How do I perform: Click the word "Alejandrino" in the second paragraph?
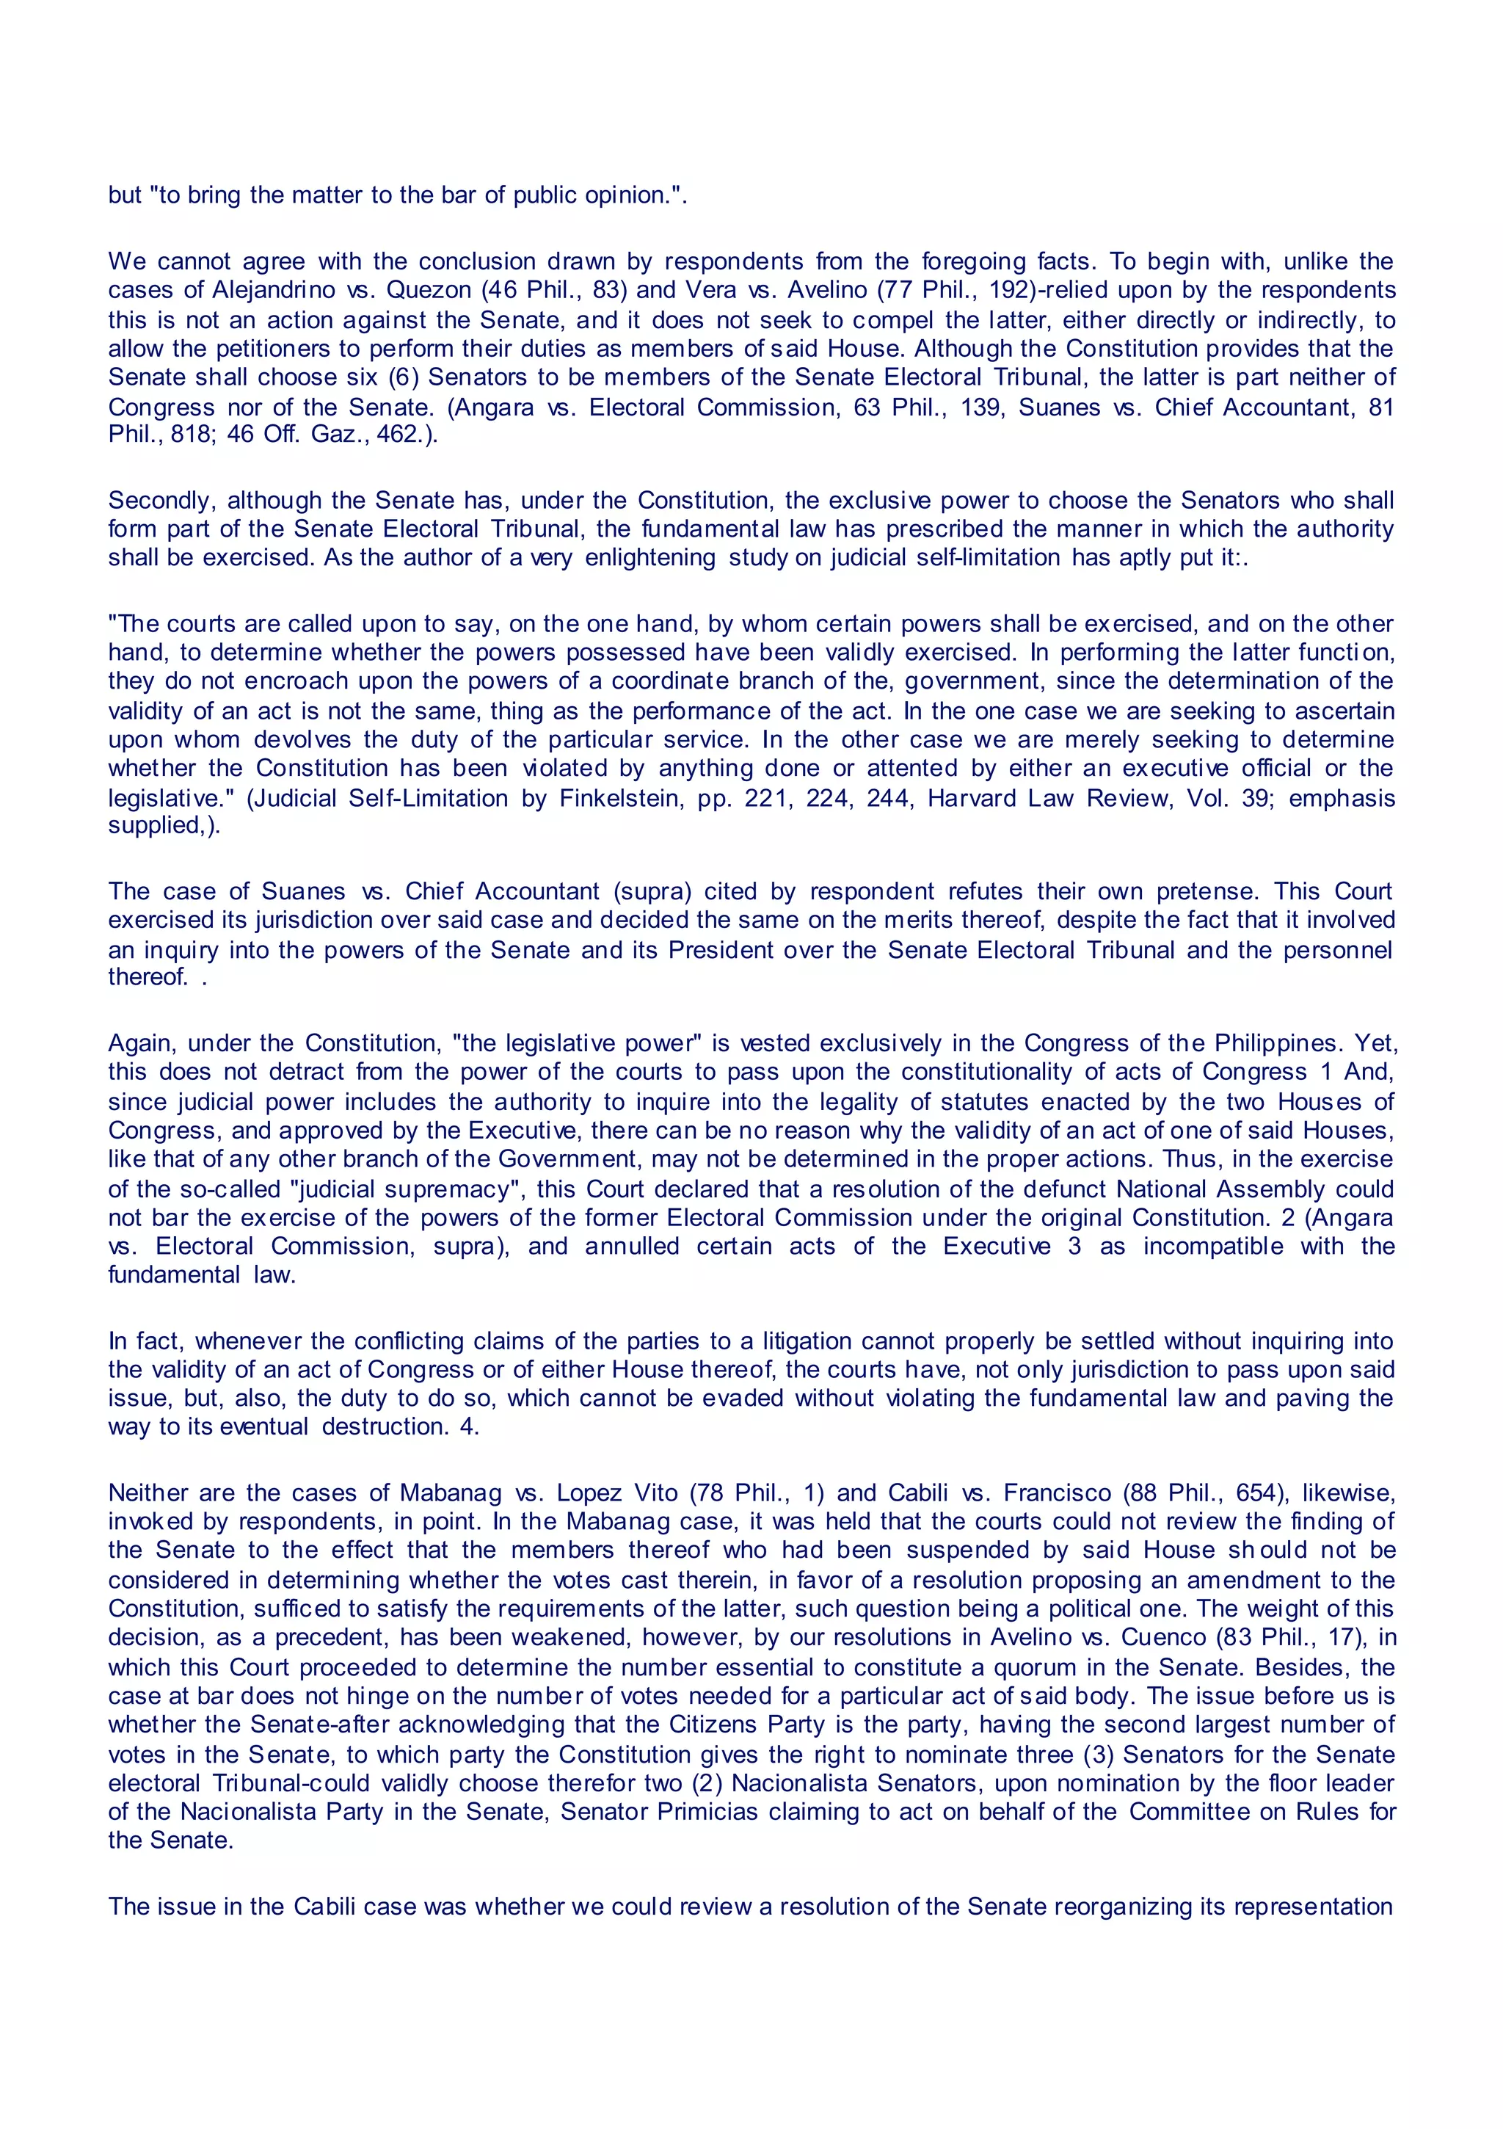(x=274, y=290)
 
